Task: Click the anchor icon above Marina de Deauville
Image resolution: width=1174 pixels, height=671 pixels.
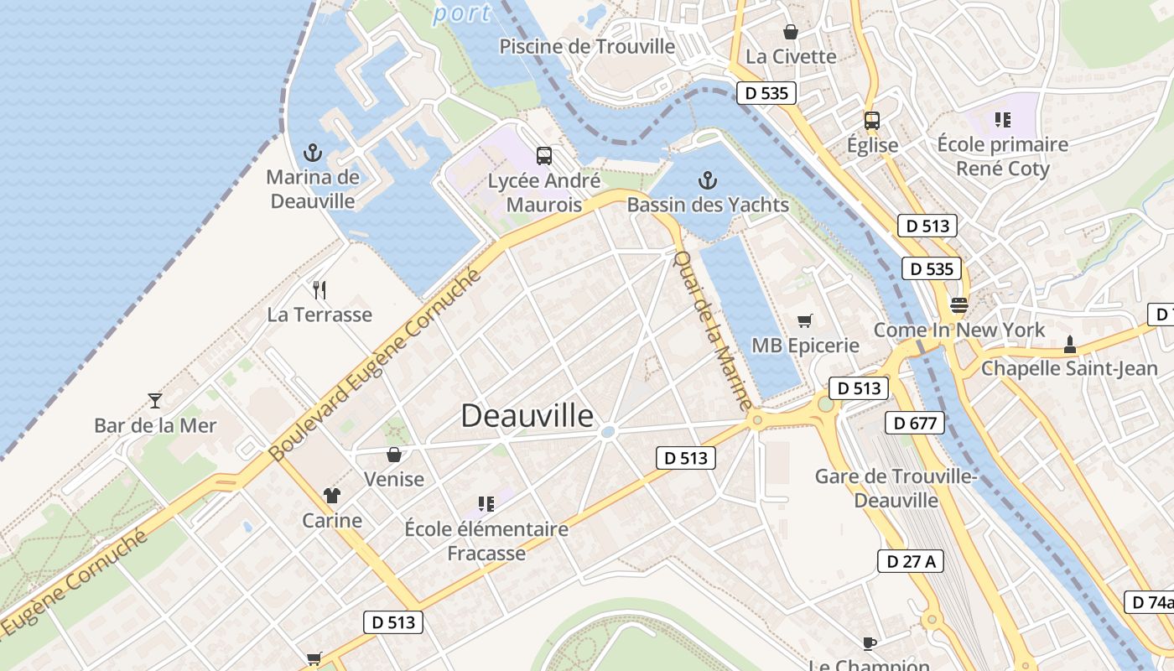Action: click(312, 153)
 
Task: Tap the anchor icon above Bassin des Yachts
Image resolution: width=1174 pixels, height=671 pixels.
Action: click(708, 180)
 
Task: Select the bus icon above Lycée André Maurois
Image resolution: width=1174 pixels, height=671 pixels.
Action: click(544, 155)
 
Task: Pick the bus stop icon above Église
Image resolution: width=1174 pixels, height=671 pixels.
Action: click(872, 120)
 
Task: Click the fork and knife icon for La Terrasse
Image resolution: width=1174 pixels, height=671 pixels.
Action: click(319, 290)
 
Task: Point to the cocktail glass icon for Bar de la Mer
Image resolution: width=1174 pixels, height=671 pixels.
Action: click(154, 400)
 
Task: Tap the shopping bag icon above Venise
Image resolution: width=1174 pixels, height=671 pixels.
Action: click(393, 455)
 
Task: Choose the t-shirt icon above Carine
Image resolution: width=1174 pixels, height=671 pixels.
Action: click(332, 496)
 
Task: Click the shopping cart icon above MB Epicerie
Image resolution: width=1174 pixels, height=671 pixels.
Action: click(805, 320)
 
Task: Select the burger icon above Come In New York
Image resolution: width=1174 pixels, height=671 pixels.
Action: click(958, 304)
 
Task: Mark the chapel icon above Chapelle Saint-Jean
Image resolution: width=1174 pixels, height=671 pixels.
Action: click(1069, 343)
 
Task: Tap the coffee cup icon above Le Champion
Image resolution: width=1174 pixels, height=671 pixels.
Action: click(870, 643)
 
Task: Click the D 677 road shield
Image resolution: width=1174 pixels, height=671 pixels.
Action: click(915, 423)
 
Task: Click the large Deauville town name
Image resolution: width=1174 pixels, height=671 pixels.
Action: click(527, 416)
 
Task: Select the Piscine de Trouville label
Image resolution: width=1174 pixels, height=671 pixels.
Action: click(587, 46)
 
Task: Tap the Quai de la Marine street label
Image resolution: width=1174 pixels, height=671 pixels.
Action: click(714, 330)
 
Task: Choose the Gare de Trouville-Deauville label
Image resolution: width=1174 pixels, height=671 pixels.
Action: click(896, 488)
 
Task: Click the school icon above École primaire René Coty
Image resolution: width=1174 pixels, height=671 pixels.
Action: click(1002, 120)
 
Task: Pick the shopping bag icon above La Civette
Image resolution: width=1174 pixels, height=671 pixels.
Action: click(790, 32)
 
